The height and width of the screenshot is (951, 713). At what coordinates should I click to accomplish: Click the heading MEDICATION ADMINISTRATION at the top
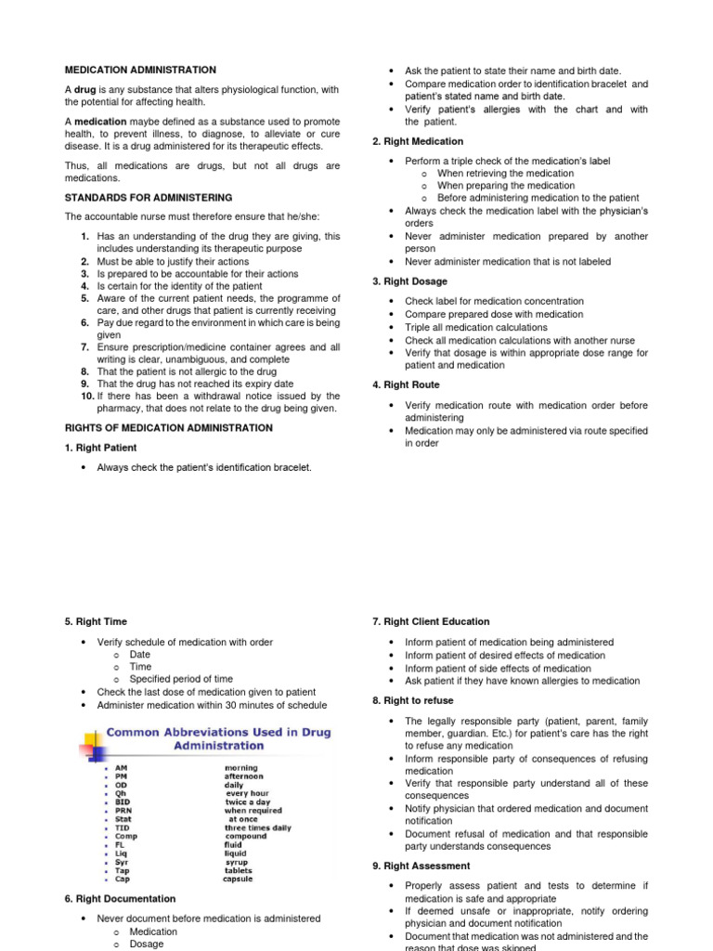[140, 70]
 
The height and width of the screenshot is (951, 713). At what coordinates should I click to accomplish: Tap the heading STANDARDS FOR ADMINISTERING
[149, 198]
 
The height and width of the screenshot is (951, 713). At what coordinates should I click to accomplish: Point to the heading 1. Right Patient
[100, 448]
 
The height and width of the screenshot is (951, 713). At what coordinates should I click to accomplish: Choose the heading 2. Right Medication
[418, 141]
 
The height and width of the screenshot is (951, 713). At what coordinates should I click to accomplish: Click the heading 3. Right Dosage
[409, 281]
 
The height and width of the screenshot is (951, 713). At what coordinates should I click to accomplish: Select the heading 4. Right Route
[406, 384]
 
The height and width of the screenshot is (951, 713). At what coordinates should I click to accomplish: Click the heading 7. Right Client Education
[431, 621]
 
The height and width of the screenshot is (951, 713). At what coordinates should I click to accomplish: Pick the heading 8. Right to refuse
[412, 701]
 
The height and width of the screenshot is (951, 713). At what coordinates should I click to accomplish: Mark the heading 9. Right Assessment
[418, 866]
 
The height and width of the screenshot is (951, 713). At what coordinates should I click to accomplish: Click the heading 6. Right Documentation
[120, 899]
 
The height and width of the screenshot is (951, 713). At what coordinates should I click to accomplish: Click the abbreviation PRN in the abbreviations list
[123, 811]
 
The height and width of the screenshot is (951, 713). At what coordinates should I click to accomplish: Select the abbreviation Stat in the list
[123, 819]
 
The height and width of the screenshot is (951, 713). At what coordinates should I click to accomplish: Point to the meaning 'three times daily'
[257, 827]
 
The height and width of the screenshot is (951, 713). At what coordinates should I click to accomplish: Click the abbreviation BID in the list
[123, 801]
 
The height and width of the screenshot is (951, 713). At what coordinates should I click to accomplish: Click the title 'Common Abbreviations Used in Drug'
[218, 732]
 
